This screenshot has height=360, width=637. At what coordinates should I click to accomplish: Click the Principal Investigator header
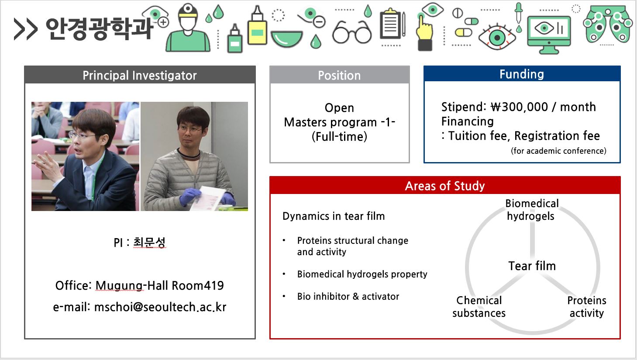[x=140, y=75]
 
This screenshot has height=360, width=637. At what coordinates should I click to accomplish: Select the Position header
[x=339, y=76]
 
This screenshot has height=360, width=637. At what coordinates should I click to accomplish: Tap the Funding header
[x=522, y=74]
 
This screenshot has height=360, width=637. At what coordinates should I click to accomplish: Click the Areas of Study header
[x=445, y=186]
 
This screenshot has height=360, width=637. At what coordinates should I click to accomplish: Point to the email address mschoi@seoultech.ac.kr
[x=160, y=307]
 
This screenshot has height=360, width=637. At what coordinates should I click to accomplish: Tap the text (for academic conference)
[x=558, y=151]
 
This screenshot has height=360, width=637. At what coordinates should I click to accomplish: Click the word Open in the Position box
[x=339, y=108]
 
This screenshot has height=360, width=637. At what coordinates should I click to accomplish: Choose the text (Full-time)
[x=339, y=137]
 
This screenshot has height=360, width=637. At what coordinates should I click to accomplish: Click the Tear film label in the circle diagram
[x=532, y=266]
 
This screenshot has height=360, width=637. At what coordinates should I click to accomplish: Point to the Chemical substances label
[x=479, y=307]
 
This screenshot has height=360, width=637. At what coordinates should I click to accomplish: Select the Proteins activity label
[x=587, y=307]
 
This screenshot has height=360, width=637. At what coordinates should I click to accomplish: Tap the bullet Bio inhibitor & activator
[x=348, y=297]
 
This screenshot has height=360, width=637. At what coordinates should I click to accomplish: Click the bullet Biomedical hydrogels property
[x=362, y=274]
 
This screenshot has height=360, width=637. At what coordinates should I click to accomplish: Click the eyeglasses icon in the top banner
[x=352, y=32]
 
